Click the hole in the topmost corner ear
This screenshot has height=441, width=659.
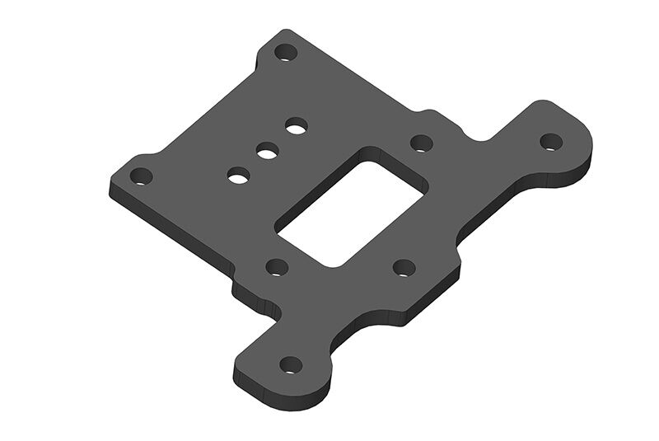286,53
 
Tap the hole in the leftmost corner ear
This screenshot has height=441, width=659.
142,176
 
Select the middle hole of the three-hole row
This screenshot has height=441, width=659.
266,151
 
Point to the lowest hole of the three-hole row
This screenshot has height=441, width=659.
239,175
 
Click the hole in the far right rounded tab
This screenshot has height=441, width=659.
551,141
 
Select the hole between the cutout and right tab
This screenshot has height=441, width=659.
422,143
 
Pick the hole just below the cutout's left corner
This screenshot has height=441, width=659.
277,266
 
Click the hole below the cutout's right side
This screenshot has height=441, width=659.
404,267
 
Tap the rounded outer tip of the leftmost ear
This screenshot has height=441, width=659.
114,183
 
